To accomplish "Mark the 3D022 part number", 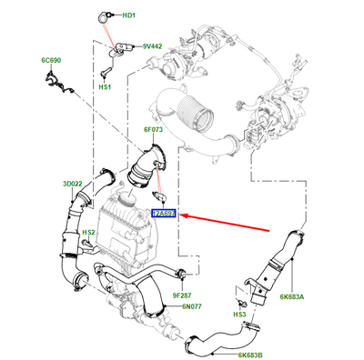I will [73, 185].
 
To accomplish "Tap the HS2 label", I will [89, 233].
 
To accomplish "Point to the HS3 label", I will [240, 315].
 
